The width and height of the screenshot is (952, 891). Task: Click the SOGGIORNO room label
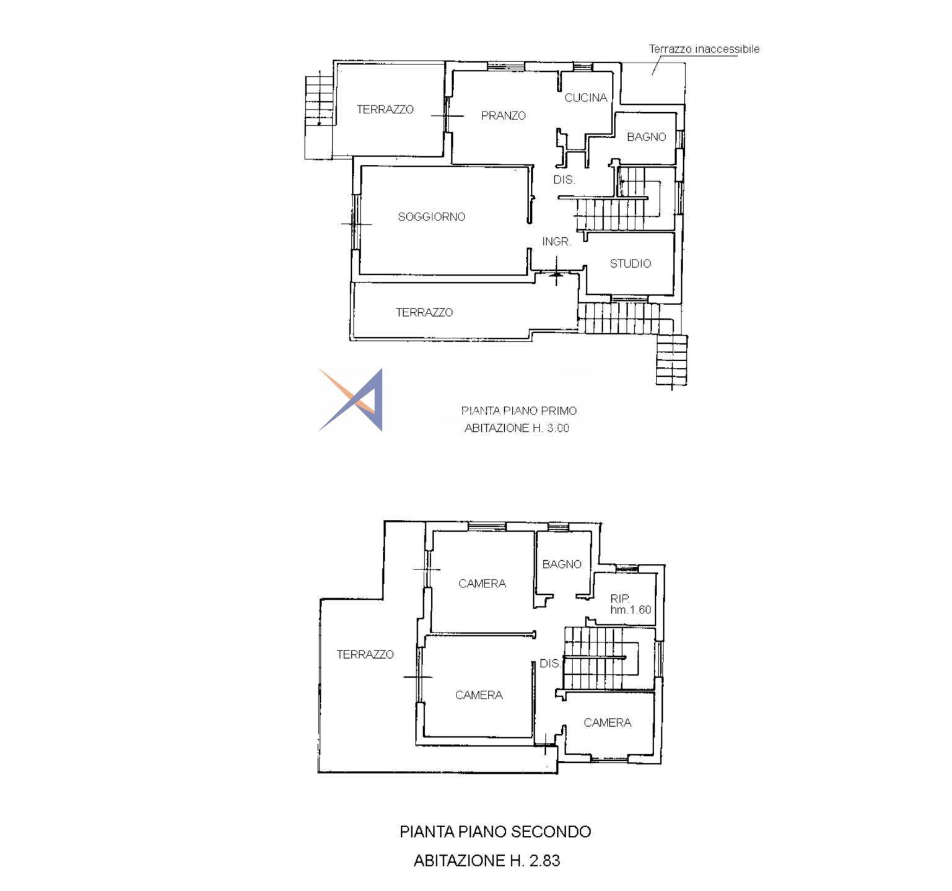(x=431, y=217)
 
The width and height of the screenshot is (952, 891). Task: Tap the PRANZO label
(x=503, y=116)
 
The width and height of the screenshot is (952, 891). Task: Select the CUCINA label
(x=585, y=98)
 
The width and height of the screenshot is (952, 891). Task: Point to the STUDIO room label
(x=630, y=264)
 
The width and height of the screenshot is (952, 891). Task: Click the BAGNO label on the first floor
(x=646, y=137)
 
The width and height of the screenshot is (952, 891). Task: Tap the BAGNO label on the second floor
(x=562, y=564)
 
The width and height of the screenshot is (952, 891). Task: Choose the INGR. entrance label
(x=557, y=242)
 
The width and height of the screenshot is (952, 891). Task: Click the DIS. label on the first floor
(x=564, y=180)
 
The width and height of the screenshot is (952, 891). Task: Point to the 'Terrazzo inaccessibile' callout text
(x=704, y=49)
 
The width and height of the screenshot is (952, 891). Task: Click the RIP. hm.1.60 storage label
(x=631, y=604)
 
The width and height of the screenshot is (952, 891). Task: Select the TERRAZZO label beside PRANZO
(x=385, y=110)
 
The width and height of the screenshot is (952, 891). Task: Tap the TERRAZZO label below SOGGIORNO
(x=424, y=313)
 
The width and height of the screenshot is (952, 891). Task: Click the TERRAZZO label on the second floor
(x=365, y=654)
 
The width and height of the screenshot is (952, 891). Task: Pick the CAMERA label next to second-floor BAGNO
(x=482, y=584)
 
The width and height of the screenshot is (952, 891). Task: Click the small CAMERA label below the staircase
(x=607, y=723)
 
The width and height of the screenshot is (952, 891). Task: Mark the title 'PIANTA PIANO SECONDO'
(x=496, y=832)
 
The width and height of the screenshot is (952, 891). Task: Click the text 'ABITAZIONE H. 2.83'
(x=487, y=861)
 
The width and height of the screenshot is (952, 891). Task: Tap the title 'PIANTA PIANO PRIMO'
(x=519, y=411)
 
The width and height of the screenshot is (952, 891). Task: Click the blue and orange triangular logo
(x=351, y=400)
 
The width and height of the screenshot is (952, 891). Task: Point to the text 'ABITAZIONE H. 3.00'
(x=517, y=428)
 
